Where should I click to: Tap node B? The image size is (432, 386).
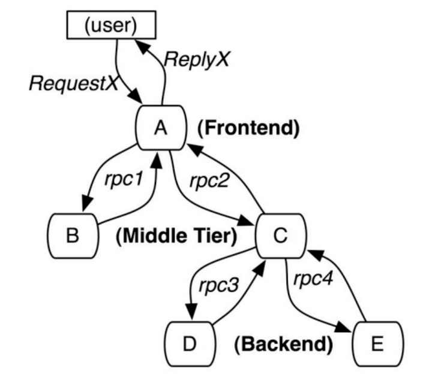point(73,236)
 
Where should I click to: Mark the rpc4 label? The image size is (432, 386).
point(313,279)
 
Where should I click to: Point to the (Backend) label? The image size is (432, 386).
point(284,344)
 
